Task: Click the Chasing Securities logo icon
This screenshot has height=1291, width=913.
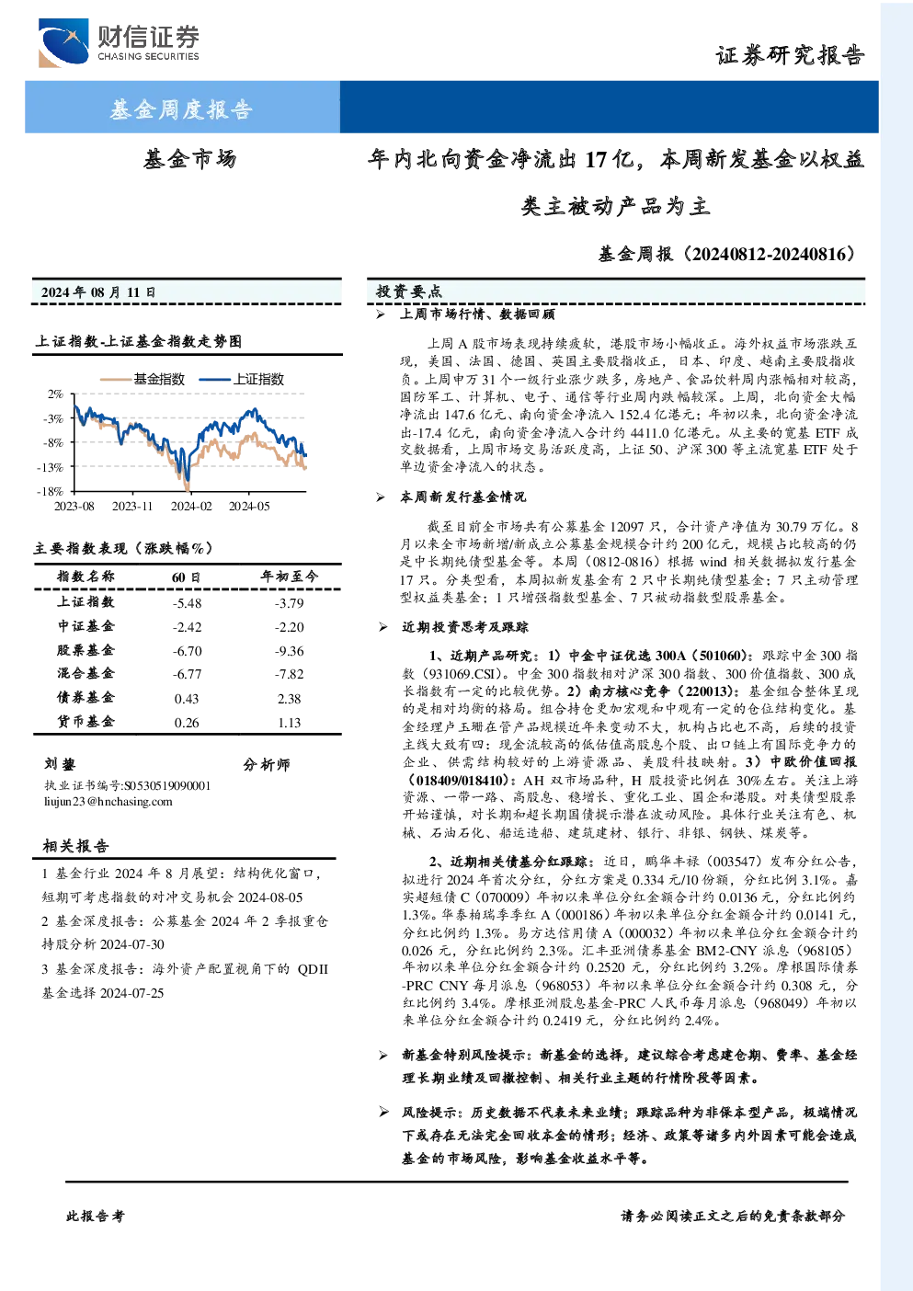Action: [63, 42]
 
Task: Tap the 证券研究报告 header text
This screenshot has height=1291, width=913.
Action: [790, 55]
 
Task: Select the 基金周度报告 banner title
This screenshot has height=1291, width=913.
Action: [181, 109]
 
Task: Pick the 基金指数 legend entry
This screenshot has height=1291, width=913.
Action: [143, 379]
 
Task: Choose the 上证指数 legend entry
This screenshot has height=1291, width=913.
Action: [242, 379]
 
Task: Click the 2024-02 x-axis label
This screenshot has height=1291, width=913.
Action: [191, 506]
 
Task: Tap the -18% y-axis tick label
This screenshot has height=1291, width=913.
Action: [51, 492]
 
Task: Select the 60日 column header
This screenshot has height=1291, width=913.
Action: [186, 577]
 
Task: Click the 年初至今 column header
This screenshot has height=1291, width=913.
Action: [290, 577]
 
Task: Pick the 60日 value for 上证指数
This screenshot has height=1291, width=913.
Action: [188, 603]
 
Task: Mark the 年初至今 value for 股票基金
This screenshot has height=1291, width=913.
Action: [290, 651]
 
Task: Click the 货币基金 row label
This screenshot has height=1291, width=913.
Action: [86, 722]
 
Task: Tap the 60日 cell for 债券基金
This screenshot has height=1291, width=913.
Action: [187, 699]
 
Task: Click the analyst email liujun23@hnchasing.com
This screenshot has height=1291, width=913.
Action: [108, 802]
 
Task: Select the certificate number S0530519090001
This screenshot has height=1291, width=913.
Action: [167, 785]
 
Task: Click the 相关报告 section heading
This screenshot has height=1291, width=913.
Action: [75, 846]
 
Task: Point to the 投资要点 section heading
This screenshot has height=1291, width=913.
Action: [409, 291]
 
